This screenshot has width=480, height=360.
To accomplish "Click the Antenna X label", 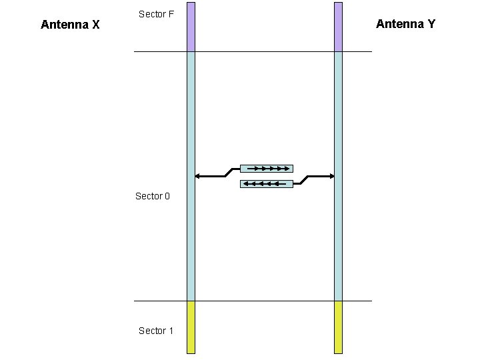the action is point(70,25).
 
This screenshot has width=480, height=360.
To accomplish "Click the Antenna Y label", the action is point(405,24).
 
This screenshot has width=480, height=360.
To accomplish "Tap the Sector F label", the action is point(156,14).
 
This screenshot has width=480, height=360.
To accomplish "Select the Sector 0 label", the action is point(153,196).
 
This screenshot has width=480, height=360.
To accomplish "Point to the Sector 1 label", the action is point(155,331).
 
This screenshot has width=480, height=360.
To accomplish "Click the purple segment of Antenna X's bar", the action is point(191,27).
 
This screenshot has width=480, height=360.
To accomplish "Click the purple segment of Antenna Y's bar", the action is point(338,27).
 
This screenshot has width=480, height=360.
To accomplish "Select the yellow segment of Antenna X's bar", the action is point(191,327).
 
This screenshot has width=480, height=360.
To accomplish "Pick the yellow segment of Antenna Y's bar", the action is point(338,327).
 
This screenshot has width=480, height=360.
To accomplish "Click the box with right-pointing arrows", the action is point(266,168).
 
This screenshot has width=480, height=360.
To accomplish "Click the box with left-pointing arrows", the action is point(266,183).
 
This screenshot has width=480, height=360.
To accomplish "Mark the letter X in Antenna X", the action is point(96,25).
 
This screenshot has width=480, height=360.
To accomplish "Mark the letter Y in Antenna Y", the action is point(431,24).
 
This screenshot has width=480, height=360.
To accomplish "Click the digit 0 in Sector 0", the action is point(167,196).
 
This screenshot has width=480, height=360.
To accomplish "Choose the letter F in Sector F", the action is point(171,14).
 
